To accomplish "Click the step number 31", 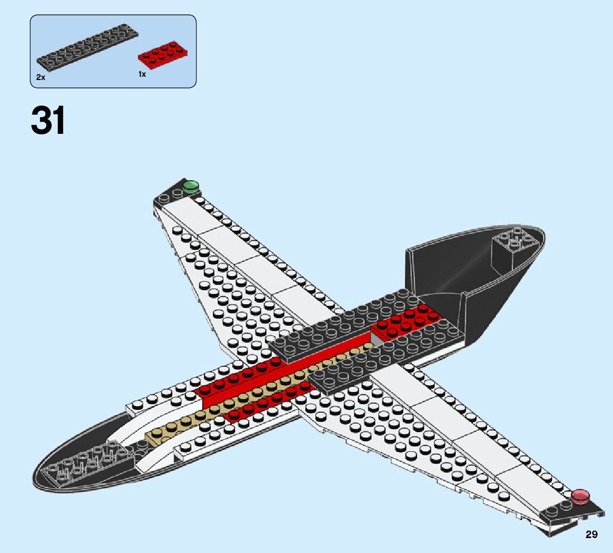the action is (48, 121).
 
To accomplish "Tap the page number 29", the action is (591, 534).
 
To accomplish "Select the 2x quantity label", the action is (40, 77).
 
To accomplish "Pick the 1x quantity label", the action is (142, 75).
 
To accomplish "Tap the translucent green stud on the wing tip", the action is (190, 186).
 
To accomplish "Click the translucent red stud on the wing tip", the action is (580, 496).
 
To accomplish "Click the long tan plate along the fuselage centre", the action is (256, 395).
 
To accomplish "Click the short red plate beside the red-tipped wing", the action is (266, 403).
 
